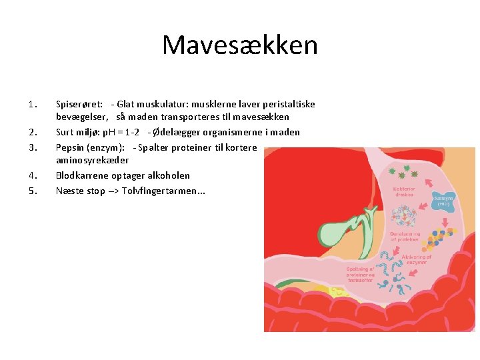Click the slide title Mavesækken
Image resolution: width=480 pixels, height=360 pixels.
(x=240, y=45)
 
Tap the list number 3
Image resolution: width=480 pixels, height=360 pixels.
(x=32, y=147)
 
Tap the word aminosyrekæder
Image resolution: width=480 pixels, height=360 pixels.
(x=92, y=161)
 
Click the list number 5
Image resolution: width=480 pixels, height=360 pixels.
(x=32, y=190)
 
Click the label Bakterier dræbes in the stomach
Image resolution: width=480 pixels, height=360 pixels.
(x=403, y=191)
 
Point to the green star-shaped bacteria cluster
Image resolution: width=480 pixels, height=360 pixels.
(x=404, y=174)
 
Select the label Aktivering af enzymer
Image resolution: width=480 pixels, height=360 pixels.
(x=417, y=260)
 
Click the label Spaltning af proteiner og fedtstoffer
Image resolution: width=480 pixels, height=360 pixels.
(x=361, y=273)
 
